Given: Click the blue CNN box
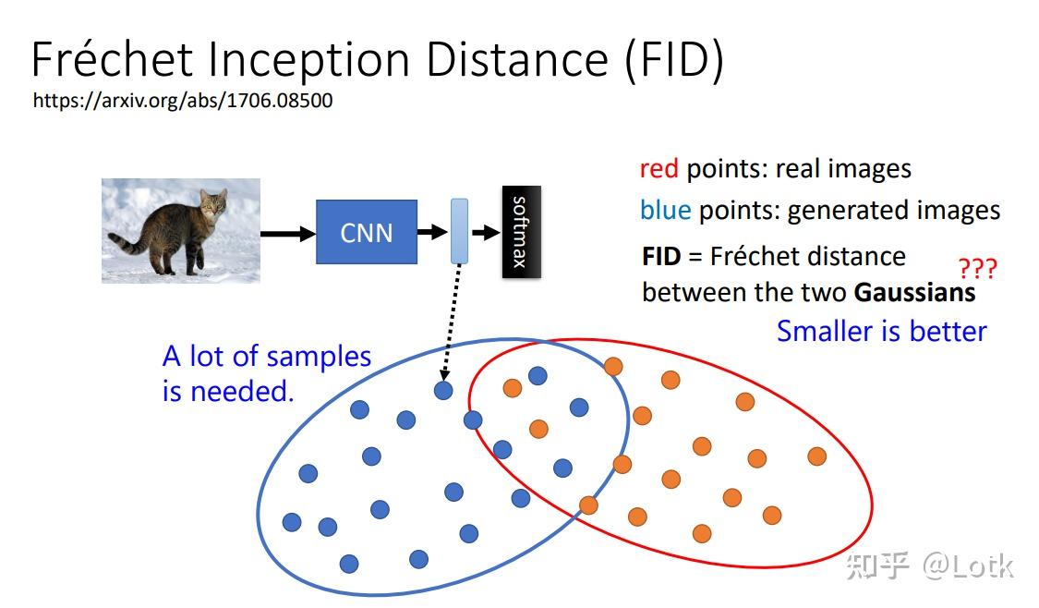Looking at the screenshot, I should coord(366,232).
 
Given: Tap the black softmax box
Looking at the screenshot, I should coord(521,231).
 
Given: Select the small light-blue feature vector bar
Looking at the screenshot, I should coord(459,231).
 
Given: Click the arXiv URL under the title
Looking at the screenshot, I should coord(183,101).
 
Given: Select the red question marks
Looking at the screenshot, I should coord(977,270).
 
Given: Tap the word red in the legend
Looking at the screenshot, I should coord(658,169).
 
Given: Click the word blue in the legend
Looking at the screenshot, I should coord(665,211).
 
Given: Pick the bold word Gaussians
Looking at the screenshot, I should coord(914,293).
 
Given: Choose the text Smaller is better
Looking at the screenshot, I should coord(881,331).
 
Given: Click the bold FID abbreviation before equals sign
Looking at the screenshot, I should coord(660,256).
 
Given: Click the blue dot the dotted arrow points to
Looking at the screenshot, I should coord(443,390).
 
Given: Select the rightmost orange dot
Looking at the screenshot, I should coord(816,456).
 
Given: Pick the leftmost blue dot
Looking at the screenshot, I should coord(292,522).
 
